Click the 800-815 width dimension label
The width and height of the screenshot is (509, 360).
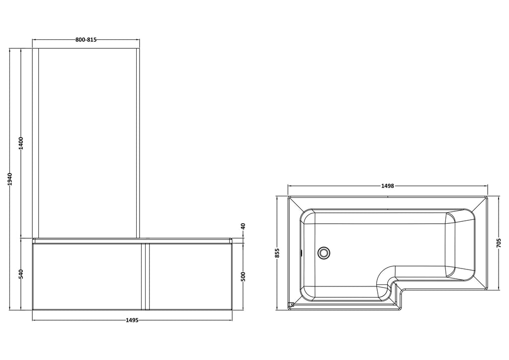click(86, 40)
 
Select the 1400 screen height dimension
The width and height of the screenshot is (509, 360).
click(21, 143)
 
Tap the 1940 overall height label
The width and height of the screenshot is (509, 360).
click(10, 179)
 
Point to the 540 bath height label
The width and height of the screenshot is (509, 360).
click(21, 274)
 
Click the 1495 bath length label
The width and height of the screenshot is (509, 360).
click(132, 320)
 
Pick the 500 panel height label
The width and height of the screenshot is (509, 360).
click(244, 276)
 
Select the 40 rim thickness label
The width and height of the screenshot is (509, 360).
click(244, 226)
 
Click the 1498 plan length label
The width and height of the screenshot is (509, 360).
click(388, 186)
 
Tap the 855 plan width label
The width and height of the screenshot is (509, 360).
click(277, 253)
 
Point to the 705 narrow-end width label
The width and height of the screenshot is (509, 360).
click(499, 243)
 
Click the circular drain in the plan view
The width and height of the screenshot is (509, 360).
click(324, 252)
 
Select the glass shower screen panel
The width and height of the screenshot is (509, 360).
click(87, 143)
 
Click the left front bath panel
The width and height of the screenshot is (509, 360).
click(87, 276)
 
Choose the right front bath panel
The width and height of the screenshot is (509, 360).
click(190, 276)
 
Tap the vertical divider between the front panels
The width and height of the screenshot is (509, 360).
click(146, 276)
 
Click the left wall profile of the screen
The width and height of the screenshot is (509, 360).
click(35, 143)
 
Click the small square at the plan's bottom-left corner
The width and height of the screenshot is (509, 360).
click(291, 305)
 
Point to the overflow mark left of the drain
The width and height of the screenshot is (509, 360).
click(302, 252)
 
